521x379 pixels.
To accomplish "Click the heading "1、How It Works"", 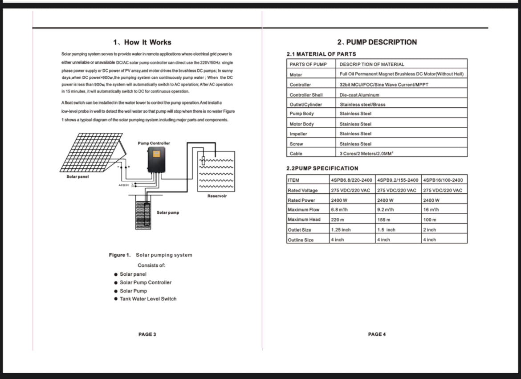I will coord(142,42).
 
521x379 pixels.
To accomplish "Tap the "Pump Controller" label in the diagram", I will coord(154,143).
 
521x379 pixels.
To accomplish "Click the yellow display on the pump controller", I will coord(156,154).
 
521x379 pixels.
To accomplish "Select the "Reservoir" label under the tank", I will coord(217,196).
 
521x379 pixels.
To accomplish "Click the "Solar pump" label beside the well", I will coord(168,212).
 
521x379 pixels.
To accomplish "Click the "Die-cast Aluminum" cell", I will coord(359,95).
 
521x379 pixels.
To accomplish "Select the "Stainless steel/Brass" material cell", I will coord(362,105).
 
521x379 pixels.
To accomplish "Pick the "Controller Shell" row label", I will coord(306,95).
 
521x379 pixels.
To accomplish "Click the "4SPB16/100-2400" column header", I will coord(443,180).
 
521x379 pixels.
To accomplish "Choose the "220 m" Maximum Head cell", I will coord(336,220).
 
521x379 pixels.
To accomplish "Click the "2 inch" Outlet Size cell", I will coord(430,230).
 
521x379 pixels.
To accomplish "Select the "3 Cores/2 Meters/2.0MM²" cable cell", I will coord(368,154).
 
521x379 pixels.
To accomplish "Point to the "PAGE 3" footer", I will coord(147,334).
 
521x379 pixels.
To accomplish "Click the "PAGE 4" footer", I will coord(377,334).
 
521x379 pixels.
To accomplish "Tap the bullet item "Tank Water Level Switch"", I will coord(148,299).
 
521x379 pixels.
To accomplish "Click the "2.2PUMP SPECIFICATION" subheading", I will coord(322,168).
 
